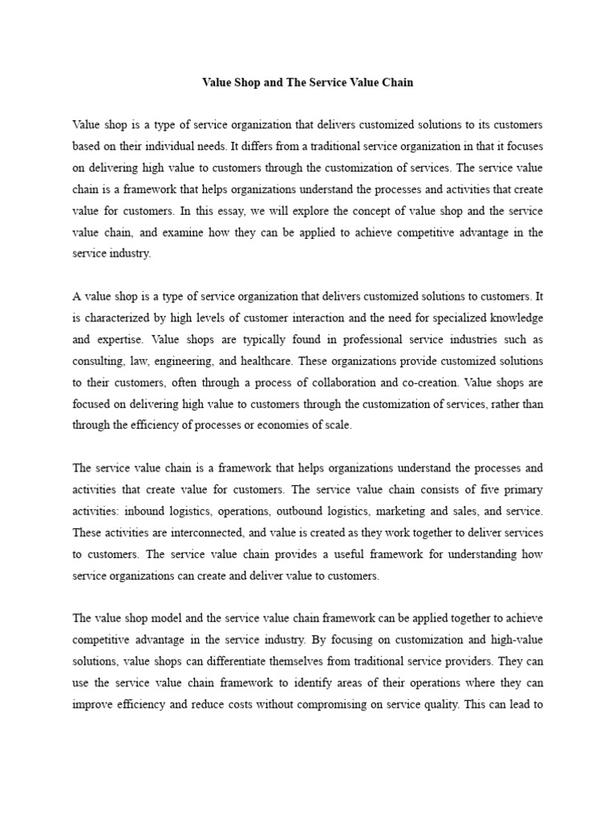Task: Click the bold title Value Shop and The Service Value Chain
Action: tap(307, 82)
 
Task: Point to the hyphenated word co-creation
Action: tap(399, 382)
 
